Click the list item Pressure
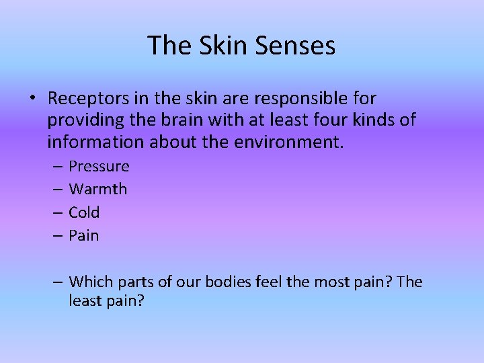click(x=99, y=167)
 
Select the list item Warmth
click(x=98, y=190)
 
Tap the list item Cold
click(x=84, y=212)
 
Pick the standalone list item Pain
click(x=84, y=236)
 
